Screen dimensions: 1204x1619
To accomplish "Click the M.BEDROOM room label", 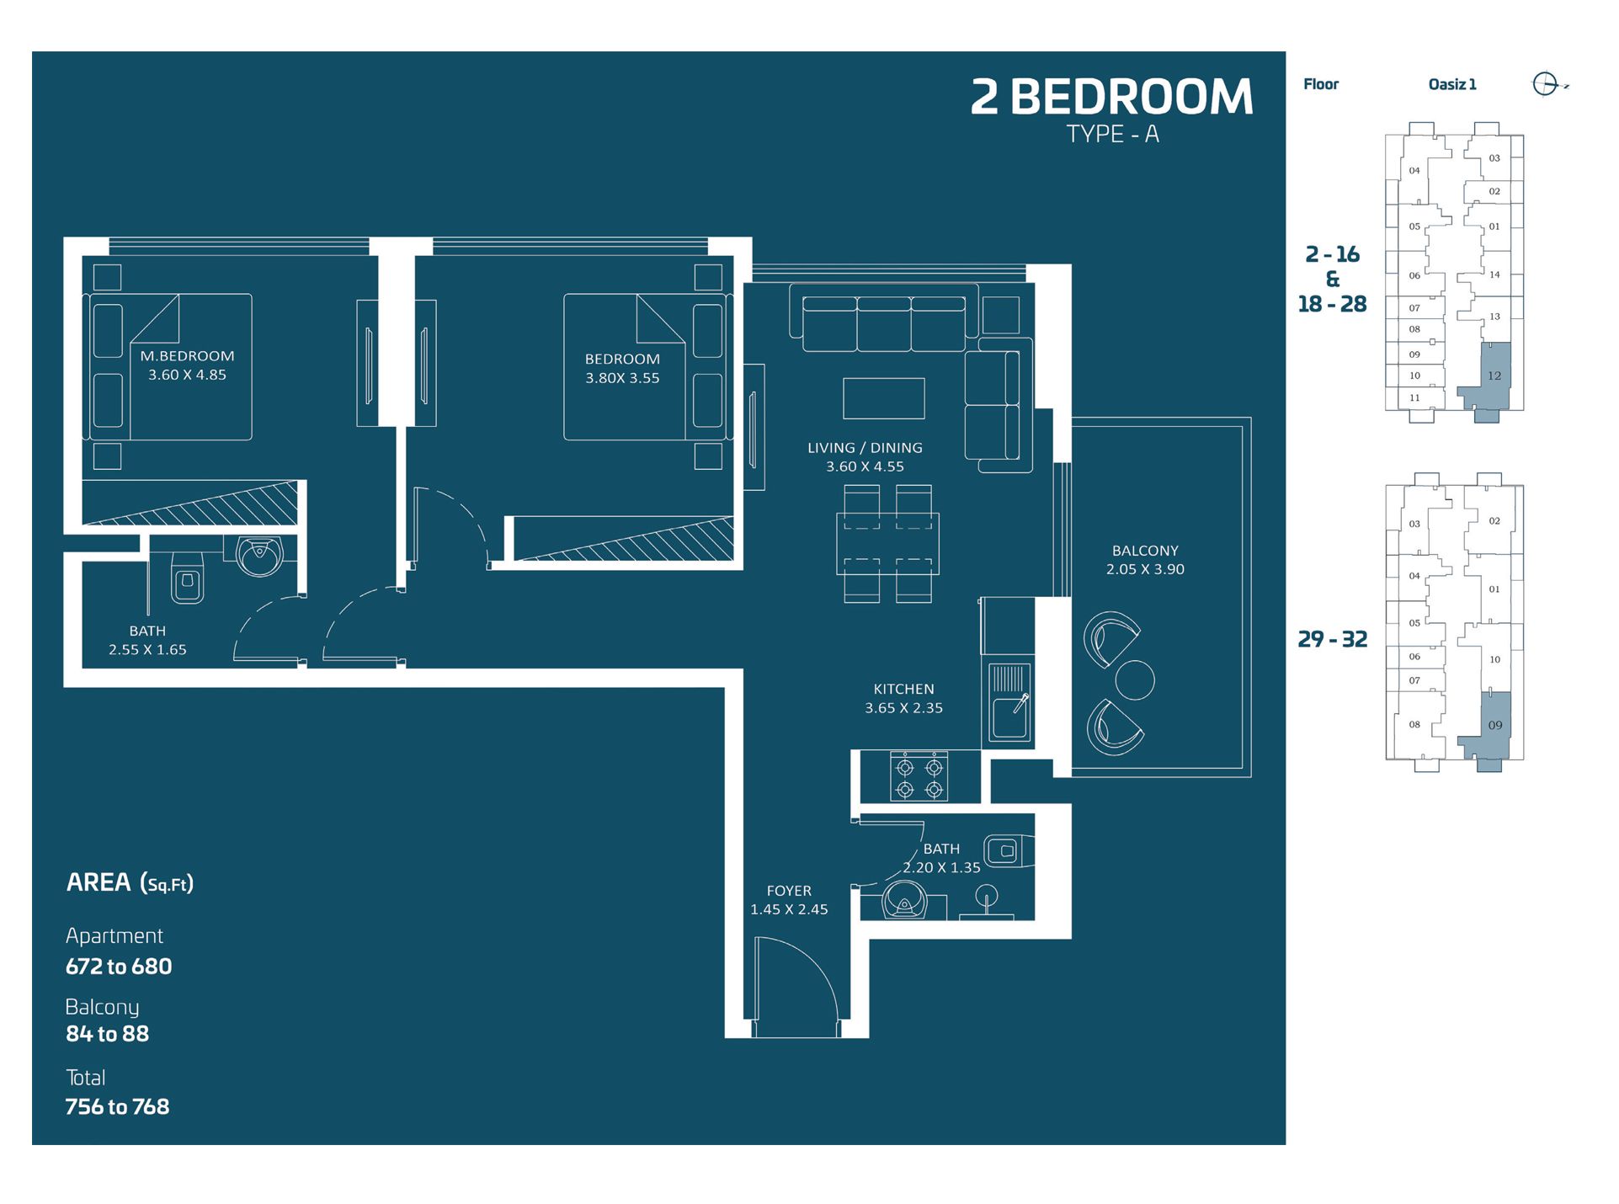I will click(x=187, y=356).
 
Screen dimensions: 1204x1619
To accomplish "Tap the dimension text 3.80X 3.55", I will click(x=622, y=378).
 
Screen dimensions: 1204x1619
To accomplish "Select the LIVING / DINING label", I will click(x=865, y=448).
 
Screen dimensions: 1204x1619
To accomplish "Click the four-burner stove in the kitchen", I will click(x=919, y=775).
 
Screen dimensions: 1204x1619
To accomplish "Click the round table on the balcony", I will click(x=1134, y=679).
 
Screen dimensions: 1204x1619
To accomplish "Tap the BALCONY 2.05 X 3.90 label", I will click(x=1145, y=560).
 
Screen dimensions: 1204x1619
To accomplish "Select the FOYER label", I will click(x=789, y=891).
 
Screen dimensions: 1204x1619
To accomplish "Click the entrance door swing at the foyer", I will click(x=796, y=985).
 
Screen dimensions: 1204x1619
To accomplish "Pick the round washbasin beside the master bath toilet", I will click(x=259, y=555).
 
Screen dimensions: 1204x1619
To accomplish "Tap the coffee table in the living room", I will click(x=883, y=398).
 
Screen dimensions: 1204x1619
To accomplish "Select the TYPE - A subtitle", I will click(x=1112, y=135).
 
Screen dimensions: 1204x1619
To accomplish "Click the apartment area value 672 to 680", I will click(x=119, y=967).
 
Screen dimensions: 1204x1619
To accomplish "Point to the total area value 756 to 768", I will click(x=117, y=1106).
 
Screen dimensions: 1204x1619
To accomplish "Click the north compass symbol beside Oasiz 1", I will click(x=1546, y=84).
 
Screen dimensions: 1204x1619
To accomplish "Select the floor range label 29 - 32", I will click(x=1332, y=639).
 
